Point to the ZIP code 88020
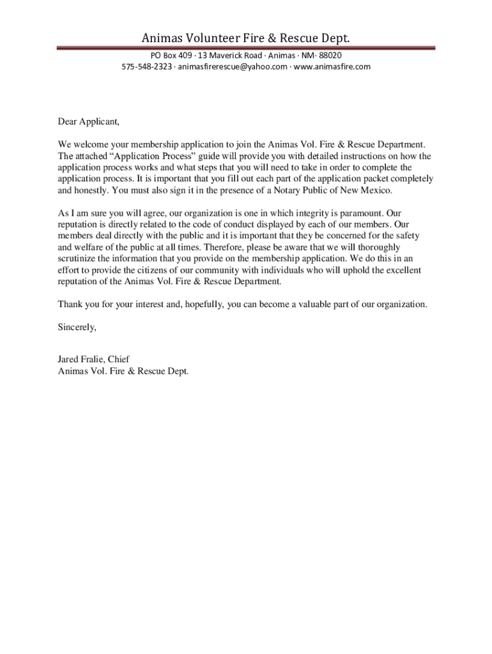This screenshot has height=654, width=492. point(337,56)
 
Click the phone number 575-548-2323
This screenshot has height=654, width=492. point(146,66)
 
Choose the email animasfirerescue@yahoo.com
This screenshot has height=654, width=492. point(233,66)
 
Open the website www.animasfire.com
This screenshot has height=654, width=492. point(332,66)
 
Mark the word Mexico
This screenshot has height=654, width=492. point(375,190)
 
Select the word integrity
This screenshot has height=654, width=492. point(305,213)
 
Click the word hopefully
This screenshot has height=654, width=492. point(203,304)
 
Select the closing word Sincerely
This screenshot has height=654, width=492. point(77,327)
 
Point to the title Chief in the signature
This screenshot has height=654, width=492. point(119,360)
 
